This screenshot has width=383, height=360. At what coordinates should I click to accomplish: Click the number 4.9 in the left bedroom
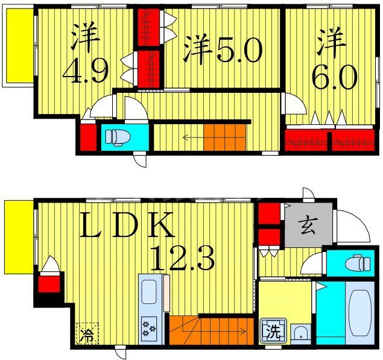point(86,72)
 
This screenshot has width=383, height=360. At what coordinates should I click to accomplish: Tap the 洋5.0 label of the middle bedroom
point(223,51)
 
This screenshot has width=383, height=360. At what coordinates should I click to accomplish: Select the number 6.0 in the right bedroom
point(334,76)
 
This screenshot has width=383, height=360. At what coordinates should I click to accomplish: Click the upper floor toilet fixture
point(118,138)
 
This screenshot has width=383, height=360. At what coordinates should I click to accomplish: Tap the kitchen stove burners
point(148,329)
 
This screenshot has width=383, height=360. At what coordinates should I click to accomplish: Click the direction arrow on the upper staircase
point(193,137)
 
